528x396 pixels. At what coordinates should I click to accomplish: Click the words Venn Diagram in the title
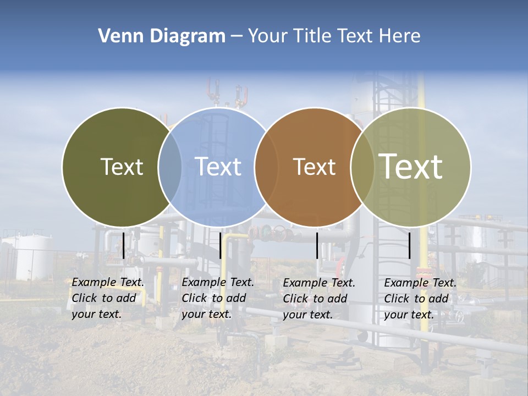click(162, 36)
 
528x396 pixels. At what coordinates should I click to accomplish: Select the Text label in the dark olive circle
click(122, 167)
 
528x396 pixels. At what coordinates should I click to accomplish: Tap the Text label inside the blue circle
click(218, 167)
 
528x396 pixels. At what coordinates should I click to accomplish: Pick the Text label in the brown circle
click(314, 167)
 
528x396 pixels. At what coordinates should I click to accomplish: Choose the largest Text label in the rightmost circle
click(410, 166)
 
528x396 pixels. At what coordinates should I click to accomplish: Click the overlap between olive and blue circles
click(170, 167)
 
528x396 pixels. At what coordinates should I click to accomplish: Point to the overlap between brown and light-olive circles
click(362, 167)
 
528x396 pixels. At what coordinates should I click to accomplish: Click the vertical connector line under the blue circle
click(220, 245)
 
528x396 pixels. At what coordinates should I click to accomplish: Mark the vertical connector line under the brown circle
click(317, 245)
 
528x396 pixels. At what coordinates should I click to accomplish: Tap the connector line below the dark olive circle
click(123, 245)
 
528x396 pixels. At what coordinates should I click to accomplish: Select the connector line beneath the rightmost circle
click(410, 245)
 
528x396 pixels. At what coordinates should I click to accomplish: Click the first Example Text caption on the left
click(108, 298)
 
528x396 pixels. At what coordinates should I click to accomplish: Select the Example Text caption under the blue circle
click(218, 298)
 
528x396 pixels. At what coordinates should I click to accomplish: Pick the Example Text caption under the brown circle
click(319, 299)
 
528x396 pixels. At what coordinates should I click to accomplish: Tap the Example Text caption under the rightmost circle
click(420, 299)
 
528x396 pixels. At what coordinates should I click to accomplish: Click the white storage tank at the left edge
click(28, 257)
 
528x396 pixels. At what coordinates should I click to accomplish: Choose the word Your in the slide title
click(268, 36)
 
